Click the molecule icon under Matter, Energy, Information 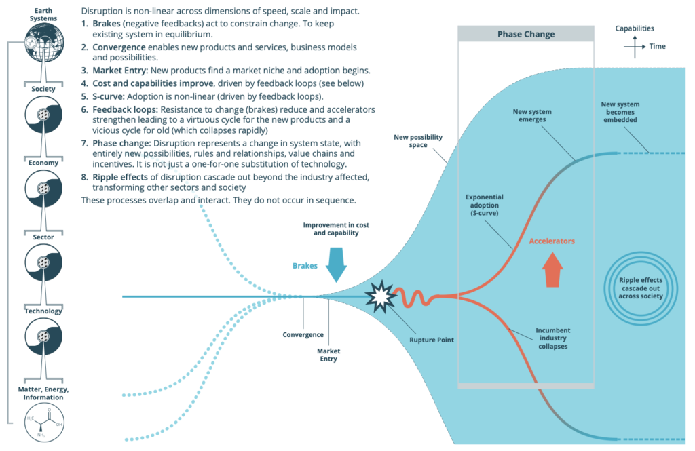coord(43,424)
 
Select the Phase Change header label coord(526,34)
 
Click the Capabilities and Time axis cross coord(635,47)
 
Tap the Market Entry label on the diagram coord(328,355)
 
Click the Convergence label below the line coord(303,335)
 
